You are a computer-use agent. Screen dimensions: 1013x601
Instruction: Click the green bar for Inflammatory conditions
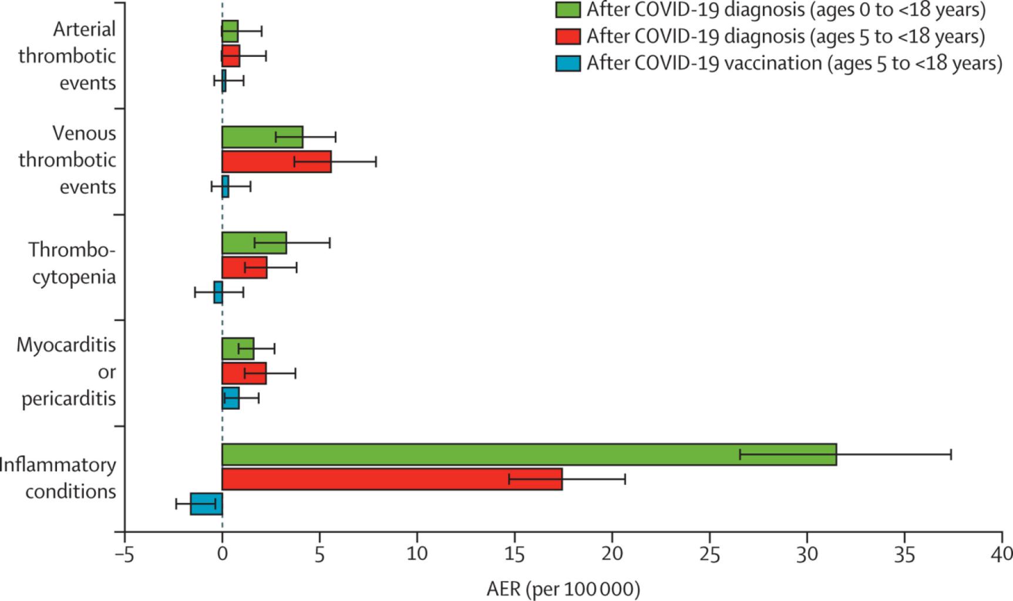(529, 454)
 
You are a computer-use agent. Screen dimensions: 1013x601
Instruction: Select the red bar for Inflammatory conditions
(392, 479)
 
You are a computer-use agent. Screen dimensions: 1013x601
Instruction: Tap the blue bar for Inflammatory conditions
(206, 504)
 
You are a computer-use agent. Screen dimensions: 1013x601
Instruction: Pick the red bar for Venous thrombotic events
(276, 161)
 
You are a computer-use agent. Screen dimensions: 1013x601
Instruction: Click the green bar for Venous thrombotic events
(262, 137)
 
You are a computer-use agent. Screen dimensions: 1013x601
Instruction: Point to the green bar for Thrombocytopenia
(254, 243)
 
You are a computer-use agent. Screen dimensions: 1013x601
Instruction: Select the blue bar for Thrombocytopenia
(218, 292)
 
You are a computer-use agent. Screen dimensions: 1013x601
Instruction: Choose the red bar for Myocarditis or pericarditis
(244, 373)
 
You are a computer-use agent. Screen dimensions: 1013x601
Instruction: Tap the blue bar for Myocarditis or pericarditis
(230, 398)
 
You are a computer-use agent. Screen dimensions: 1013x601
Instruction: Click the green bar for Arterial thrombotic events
(230, 31)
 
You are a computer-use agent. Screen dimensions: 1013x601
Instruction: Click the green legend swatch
(568, 10)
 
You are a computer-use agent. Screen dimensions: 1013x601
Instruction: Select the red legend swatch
(568, 36)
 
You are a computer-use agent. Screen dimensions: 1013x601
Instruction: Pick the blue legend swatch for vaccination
(568, 63)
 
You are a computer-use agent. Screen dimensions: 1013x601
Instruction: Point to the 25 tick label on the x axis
(709, 555)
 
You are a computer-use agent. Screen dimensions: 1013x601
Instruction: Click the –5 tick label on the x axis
(124, 555)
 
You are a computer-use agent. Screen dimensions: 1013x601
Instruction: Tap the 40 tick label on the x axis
(1001, 555)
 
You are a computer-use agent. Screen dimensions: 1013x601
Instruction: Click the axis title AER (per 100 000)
(563, 589)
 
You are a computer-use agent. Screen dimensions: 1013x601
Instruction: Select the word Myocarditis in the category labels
(66, 345)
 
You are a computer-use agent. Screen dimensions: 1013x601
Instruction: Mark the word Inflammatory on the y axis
(58, 465)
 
